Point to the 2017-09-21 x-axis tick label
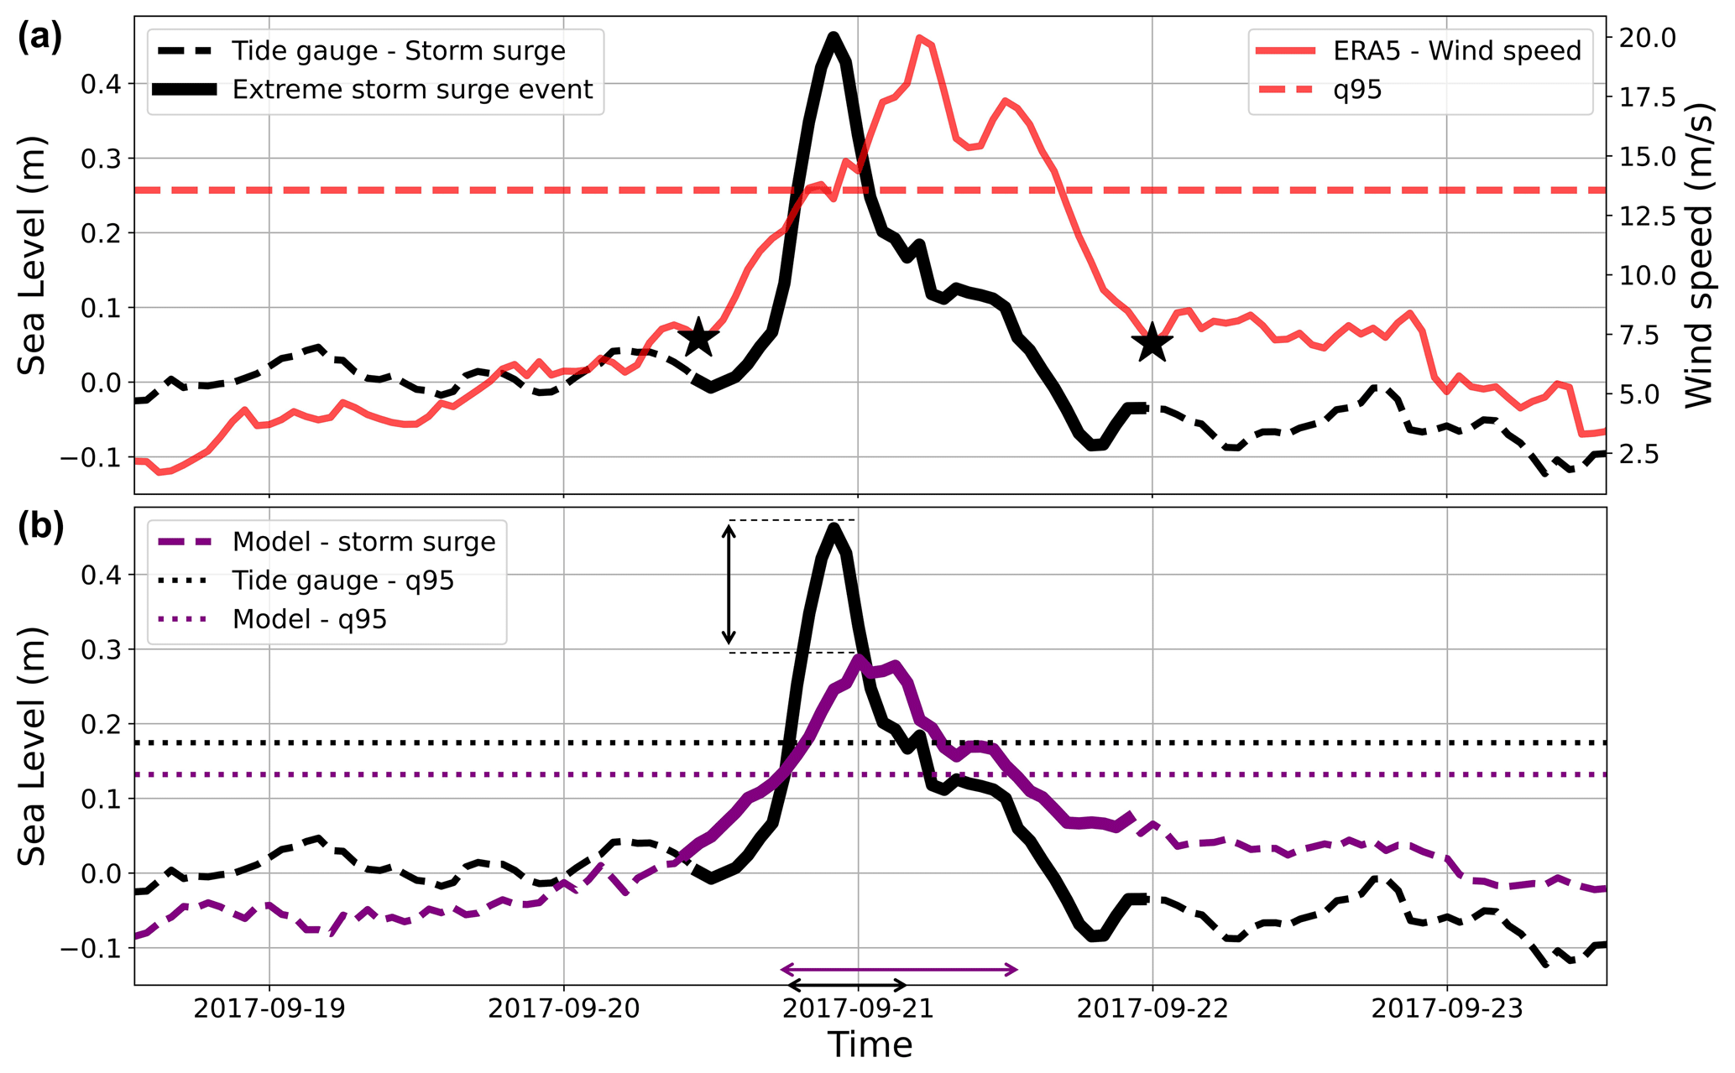coord(858,1008)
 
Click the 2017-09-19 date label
coord(269,1008)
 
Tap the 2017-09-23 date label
coord(1446,1008)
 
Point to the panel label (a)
coord(39,38)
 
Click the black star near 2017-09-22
coord(1152,342)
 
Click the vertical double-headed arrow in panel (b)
coord(729,585)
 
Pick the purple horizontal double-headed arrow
coord(899,970)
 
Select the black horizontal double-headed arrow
coord(847,985)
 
